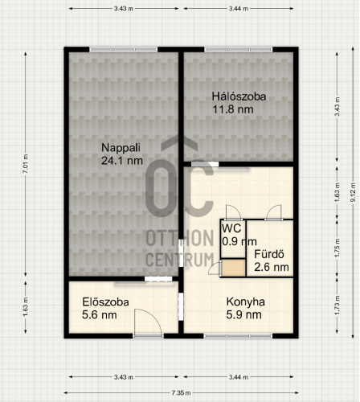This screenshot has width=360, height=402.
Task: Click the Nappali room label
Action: (121, 148)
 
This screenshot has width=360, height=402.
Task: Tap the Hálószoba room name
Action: (239, 96)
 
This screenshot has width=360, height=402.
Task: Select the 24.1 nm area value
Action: (122, 161)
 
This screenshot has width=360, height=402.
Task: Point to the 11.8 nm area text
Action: (233, 109)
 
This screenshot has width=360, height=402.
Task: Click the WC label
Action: (231, 228)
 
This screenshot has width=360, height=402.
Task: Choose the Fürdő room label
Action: (269, 254)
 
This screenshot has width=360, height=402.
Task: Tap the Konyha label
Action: (246, 301)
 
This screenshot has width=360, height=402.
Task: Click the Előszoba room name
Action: (105, 302)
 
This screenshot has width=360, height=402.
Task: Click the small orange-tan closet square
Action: (233, 268)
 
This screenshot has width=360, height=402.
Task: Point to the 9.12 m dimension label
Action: (354, 192)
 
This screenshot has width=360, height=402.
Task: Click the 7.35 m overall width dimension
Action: (182, 393)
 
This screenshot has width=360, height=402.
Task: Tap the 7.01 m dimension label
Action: (26, 163)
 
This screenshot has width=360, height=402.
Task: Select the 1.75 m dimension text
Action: (337, 248)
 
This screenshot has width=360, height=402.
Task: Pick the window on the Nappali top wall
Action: (123, 49)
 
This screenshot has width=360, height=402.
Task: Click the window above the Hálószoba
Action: (239, 49)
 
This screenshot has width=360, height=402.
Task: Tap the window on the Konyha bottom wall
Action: (238, 336)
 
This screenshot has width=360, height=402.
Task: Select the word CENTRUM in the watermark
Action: (180, 260)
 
